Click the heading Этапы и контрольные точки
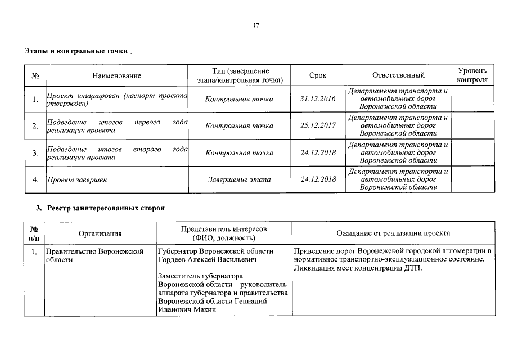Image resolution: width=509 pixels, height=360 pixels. [x=76, y=51]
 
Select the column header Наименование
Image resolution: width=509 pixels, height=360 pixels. [x=117, y=75]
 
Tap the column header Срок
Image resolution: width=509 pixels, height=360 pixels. [x=318, y=75]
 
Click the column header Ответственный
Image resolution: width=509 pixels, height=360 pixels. [x=398, y=75]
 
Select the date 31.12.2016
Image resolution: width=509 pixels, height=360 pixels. [x=318, y=99]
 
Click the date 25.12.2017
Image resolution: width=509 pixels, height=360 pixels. [x=318, y=125]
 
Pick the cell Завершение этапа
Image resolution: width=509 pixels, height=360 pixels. [x=239, y=179]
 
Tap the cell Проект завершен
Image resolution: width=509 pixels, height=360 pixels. [x=76, y=179]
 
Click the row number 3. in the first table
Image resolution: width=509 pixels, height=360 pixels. [x=35, y=152]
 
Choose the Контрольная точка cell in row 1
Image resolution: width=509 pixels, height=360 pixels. [x=239, y=99]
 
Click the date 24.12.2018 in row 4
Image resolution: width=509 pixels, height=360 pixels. [x=318, y=179]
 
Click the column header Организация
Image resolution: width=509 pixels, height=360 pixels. [x=100, y=233]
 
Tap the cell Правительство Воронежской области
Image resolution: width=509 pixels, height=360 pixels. [x=94, y=255]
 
